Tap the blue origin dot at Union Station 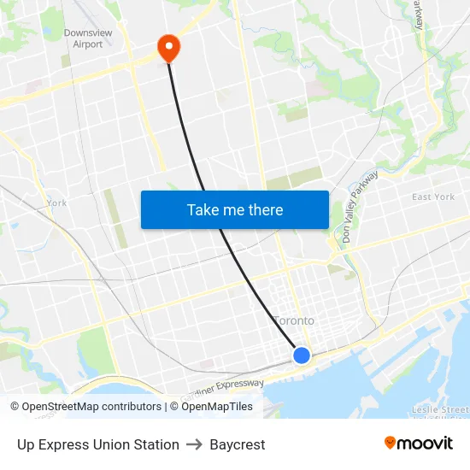(302, 355)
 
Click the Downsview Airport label (88, 38)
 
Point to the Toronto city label (293, 320)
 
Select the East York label (433, 197)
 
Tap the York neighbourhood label (56, 203)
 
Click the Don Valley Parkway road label (359, 206)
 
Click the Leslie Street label (439, 410)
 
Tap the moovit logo (419, 443)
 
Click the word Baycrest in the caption (238, 444)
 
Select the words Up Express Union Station (98, 444)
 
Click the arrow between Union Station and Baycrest (195, 444)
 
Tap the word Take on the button (203, 209)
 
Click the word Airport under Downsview (88, 44)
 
